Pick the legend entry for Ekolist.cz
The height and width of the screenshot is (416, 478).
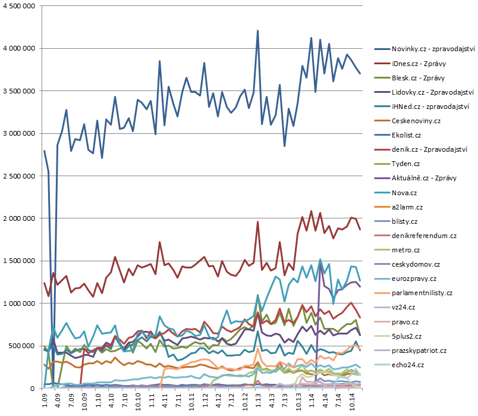coord(408,135)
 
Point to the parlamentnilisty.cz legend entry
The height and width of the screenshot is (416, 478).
coord(422,293)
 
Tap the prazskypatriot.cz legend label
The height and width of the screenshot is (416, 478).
coord(419,351)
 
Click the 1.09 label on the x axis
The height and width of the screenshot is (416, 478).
coord(45,401)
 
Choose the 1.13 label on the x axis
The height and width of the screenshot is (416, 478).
coord(257,401)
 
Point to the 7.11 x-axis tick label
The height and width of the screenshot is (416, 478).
coord(178,401)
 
